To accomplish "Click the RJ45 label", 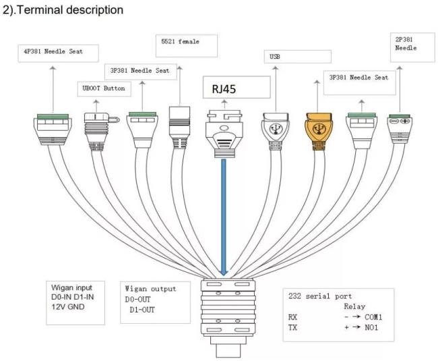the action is click(x=224, y=89).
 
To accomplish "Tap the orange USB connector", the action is click(x=319, y=130).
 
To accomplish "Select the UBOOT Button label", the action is click(x=104, y=88).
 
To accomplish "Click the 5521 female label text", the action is click(x=180, y=42).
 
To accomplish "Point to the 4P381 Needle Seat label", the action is click(x=53, y=51).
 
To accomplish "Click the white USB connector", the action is click(x=275, y=130).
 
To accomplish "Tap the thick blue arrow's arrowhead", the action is click(x=224, y=272).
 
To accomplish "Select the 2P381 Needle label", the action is click(x=406, y=44).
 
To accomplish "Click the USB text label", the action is click(x=275, y=57).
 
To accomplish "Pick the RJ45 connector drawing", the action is click(x=224, y=134).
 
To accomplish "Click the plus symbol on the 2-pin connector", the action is click(x=405, y=121).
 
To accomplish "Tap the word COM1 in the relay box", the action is click(x=373, y=317).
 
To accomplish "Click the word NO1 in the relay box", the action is click(x=371, y=327).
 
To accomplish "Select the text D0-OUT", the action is click(x=137, y=300).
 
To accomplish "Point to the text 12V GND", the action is click(x=68, y=307).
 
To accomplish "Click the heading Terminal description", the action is click(x=70, y=10).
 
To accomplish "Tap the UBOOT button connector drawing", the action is click(x=100, y=132).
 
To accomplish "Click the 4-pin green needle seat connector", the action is click(x=53, y=130).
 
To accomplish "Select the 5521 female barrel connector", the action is click(x=180, y=128).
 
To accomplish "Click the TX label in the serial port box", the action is click(x=292, y=327).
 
